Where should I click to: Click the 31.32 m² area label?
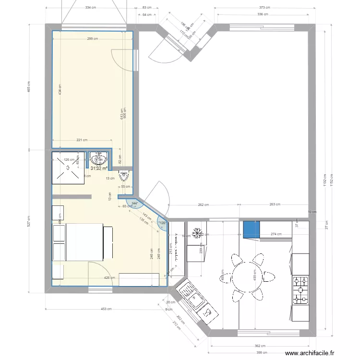pyautogui.click(x=99, y=168)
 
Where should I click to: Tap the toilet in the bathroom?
pyautogui.click(x=124, y=176)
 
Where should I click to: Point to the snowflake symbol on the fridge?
pyautogui.click(x=196, y=233)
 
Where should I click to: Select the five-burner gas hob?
pyautogui.click(x=300, y=290)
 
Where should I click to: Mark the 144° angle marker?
pyautogui.click(x=135, y=204)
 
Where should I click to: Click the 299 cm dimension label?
pyautogui.click(x=93, y=39)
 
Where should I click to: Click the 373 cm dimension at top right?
pyautogui.click(x=264, y=8)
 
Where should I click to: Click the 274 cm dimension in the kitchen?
pyautogui.click(x=276, y=235)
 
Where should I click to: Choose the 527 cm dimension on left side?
pyautogui.click(x=29, y=220)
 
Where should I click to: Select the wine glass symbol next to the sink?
pyautogui.click(x=207, y=312)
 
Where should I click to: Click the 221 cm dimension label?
pyautogui.click(x=82, y=140)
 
